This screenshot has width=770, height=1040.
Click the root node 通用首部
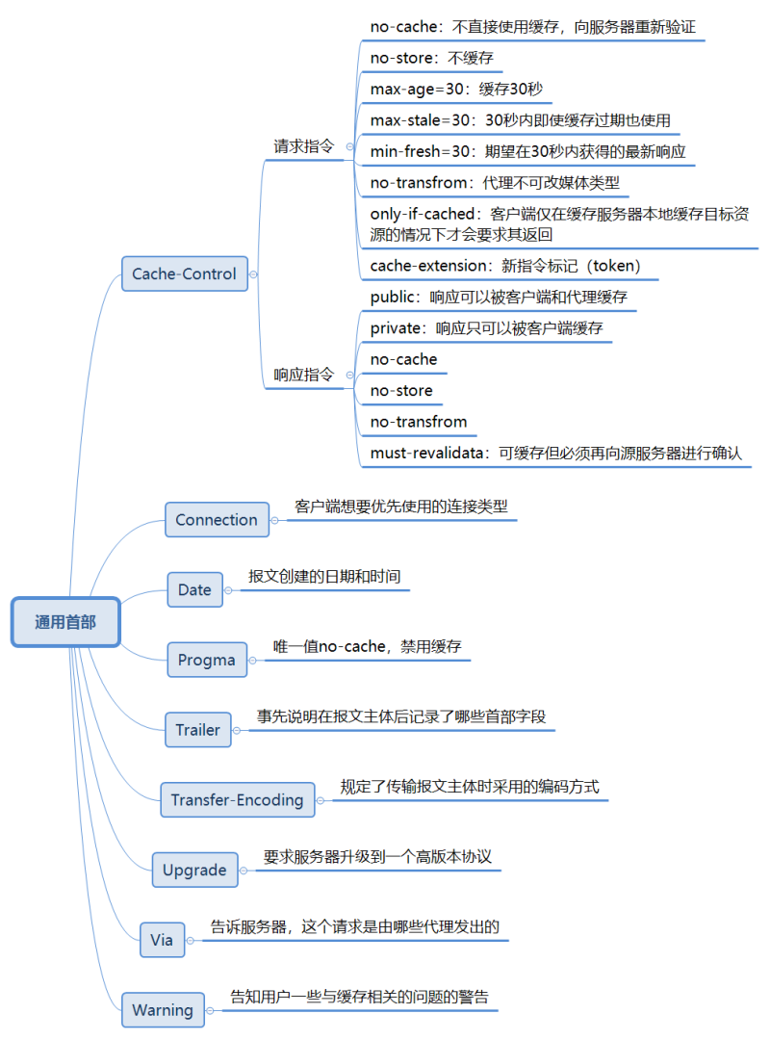[65, 622]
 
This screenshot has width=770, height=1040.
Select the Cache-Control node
[184, 273]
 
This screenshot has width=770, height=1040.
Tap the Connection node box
[217, 519]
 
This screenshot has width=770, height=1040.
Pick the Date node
[194, 589]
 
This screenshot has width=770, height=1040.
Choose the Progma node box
[206, 660]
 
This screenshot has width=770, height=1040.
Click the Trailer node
[197, 729]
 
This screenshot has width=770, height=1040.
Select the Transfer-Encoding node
[237, 799]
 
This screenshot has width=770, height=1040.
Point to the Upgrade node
[193, 870]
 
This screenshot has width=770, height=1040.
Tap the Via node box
[162, 939]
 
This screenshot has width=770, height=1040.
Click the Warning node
[163, 1009]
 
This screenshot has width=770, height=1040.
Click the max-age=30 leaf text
[456, 90]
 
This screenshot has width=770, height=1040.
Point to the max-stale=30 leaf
[520, 120]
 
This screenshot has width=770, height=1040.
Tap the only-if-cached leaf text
[558, 223]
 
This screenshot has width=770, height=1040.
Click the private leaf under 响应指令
[486, 328]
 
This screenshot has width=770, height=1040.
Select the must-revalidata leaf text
[555, 453]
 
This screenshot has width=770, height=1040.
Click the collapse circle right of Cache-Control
[253, 273]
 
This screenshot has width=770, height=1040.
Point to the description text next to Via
[354, 927]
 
